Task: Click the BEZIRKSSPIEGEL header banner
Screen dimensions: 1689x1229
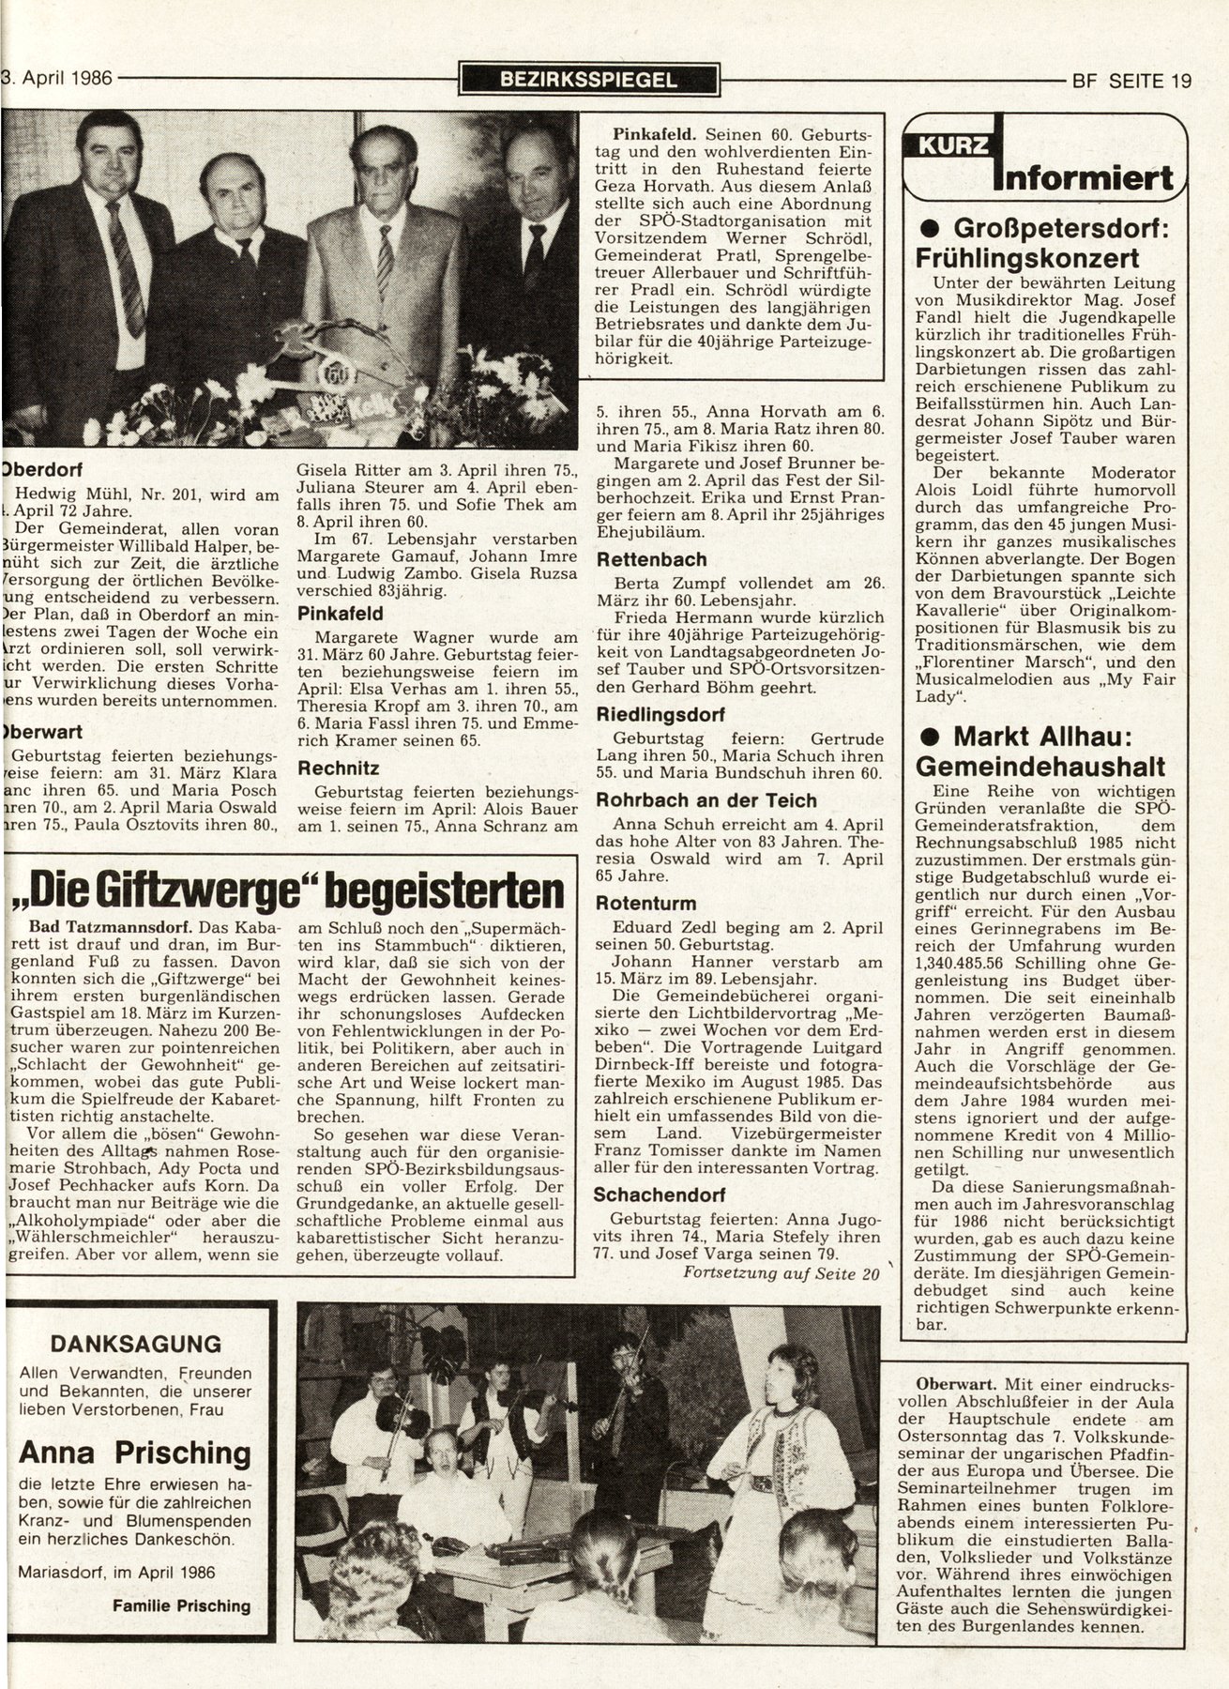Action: click(x=589, y=80)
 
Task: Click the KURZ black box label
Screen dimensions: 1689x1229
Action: click(x=947, y=145)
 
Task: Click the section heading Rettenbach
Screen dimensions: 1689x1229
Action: click(x=651, y=560)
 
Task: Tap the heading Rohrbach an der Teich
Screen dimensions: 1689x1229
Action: click(x=706, y=800)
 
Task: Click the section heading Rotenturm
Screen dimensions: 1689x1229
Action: click(x=646, y=904)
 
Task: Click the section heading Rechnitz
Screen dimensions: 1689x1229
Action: click(x=338, y=767)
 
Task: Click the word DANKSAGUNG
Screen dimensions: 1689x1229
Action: click(x=136, y=1343)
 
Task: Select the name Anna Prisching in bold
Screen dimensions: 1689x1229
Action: click(x=135, y=1453)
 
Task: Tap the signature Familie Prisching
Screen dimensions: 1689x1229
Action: click(x=181, y=1605)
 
